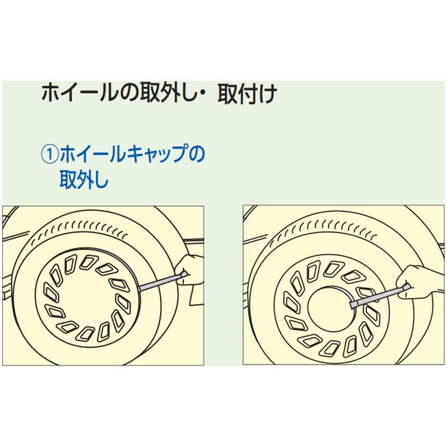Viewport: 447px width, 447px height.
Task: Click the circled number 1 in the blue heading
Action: (50, 154)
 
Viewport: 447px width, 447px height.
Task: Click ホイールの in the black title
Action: (90, 94)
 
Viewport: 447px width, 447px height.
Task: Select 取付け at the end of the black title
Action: (247, 94)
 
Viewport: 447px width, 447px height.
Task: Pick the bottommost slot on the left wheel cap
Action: (84, 334)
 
